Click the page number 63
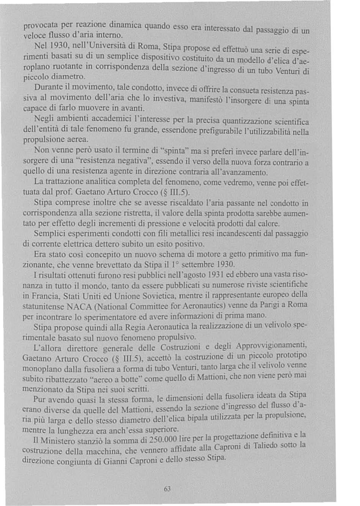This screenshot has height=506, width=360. (x=166, y=489)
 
